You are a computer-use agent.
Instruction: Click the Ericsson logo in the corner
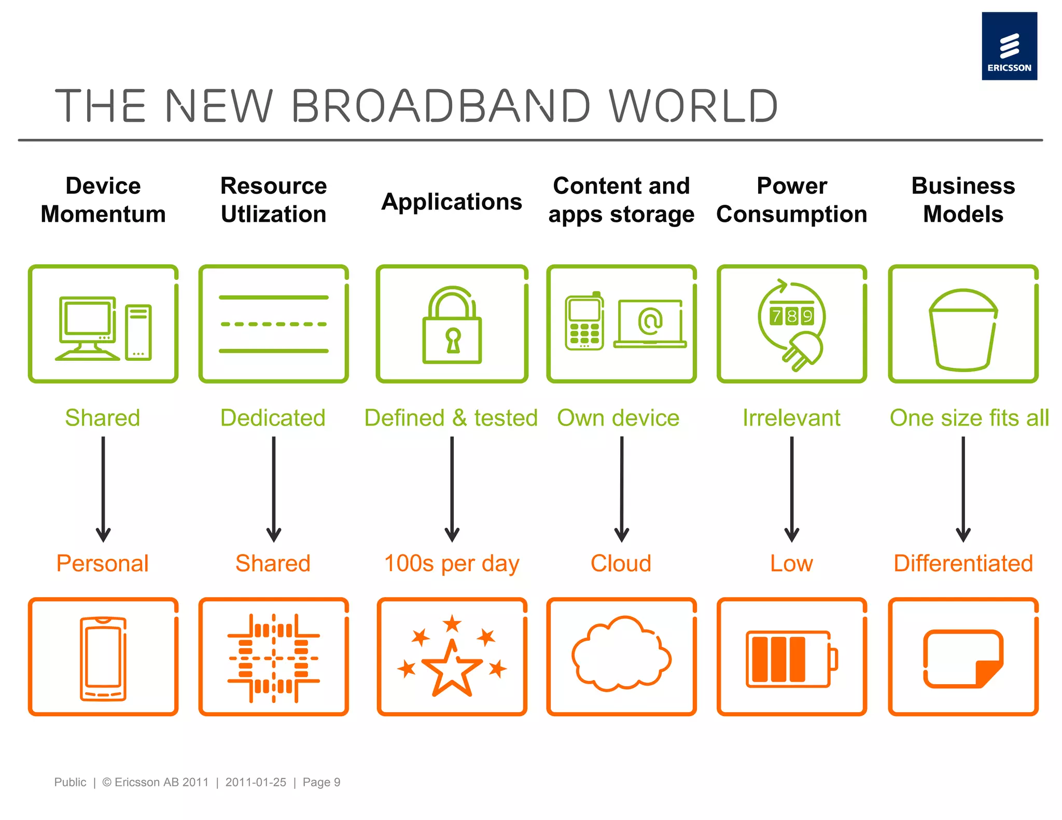[x=1009, y=46]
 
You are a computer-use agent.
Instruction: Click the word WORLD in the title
[x=693, y=106]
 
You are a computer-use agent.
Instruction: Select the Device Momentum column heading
[x=103, y=200]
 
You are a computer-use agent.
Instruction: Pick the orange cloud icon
[x=621, y=654]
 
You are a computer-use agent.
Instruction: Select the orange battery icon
[x=790, y=659]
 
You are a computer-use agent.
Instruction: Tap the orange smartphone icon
[x=103, y=658]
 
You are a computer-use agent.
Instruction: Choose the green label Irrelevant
[x=791, y=418]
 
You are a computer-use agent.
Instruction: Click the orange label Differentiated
[x=963, y=563]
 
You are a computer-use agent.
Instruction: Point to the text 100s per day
[x=452, y=563]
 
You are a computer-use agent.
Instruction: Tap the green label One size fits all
[x=969, y=418]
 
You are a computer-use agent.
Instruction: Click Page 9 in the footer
[x=322, y=782]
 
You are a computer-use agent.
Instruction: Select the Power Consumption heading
[x=791, y=200]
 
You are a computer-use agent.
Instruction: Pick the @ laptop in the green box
[x=650, y=323]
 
